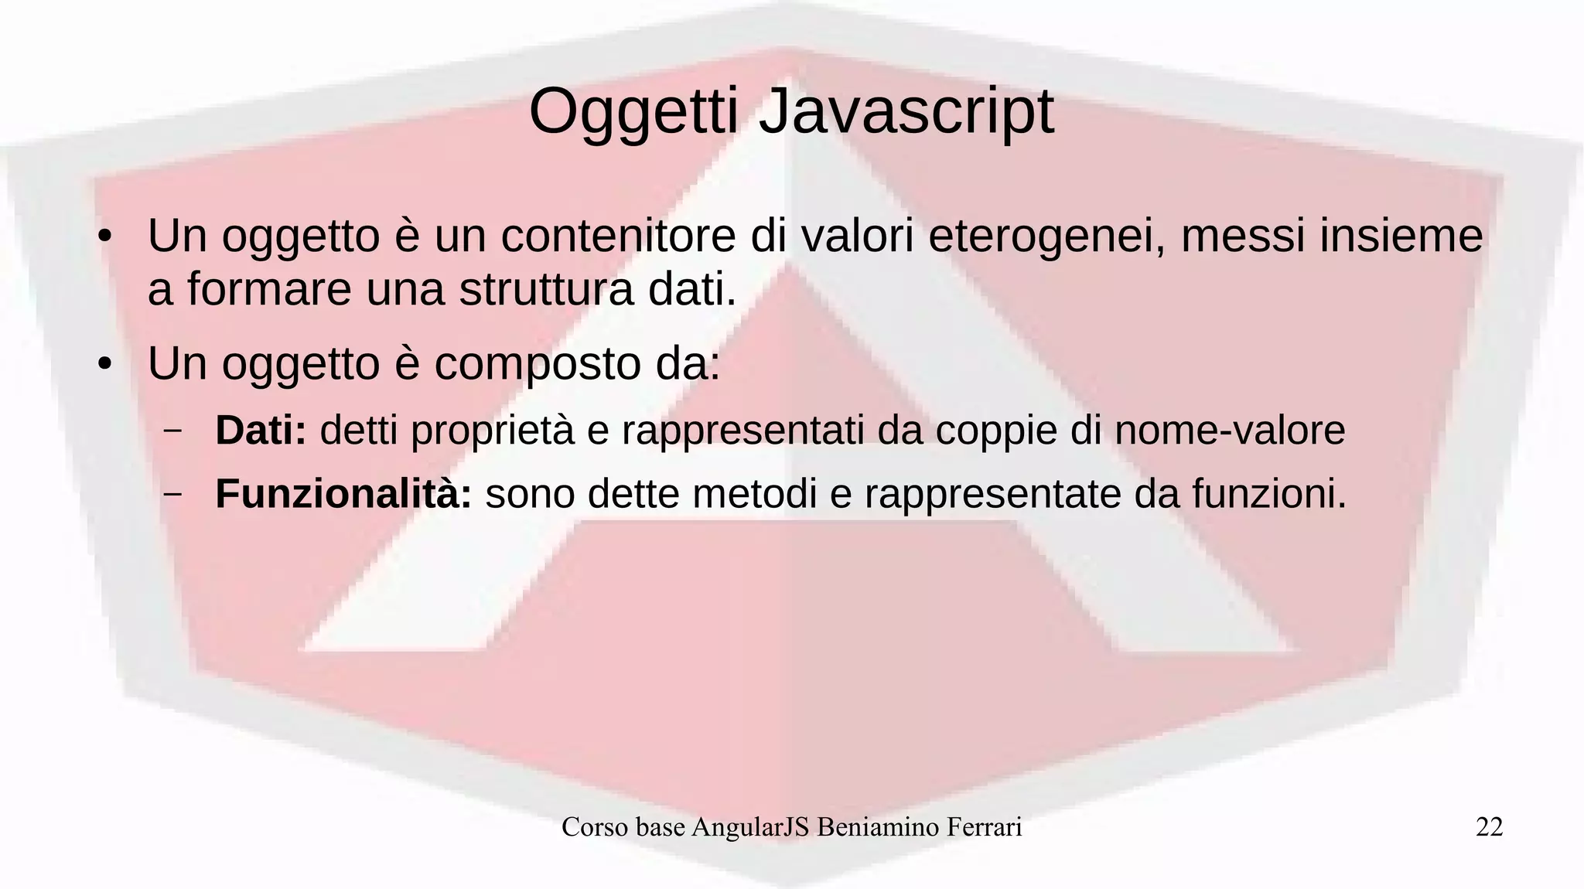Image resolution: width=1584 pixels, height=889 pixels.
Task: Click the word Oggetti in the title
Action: click(633, 113)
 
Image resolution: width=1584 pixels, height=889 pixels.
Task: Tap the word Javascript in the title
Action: click(906, 113)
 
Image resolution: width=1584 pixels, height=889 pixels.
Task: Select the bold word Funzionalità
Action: click(343, 493)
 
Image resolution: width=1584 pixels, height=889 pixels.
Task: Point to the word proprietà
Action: click(492, 431)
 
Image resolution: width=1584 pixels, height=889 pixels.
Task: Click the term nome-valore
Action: click(1230, 430)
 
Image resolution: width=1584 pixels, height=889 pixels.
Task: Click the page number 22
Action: click(1489, 827)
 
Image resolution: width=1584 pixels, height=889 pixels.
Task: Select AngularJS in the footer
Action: click(750, 827)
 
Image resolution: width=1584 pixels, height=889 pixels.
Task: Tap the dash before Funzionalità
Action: click(172, 493)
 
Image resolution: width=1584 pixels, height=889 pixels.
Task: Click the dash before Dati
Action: click(172, 430)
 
